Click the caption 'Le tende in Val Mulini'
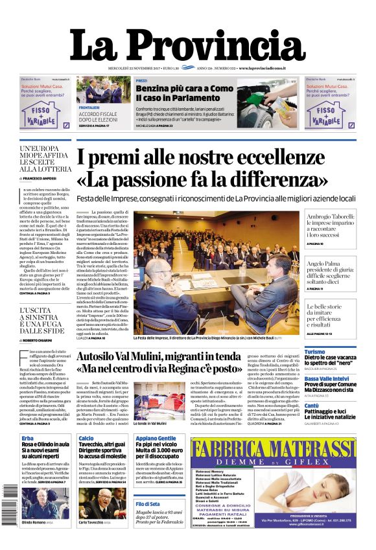click(149, 423)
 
